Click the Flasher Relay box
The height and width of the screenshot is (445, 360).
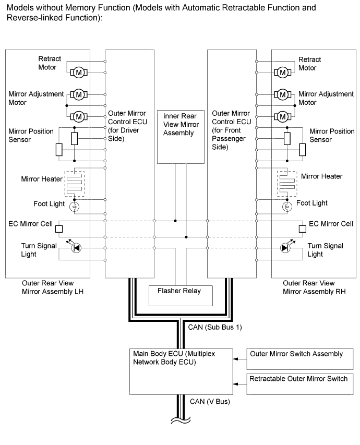point(182,295)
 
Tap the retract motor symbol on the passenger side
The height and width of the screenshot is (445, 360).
point(282,71)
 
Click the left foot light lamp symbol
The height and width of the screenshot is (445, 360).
point(75,207)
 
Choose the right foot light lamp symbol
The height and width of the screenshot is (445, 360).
point(286,207)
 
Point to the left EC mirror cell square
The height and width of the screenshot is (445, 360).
point(59,228)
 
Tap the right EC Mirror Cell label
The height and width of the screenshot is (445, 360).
point(331,224)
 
